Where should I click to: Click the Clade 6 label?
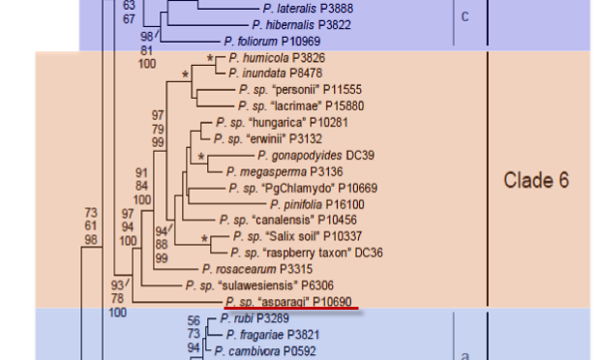(x=536, y=180)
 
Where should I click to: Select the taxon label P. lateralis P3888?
(x=308, y=9)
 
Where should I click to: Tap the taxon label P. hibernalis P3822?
(x=301, y=25)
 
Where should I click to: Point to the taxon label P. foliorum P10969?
(x=272, y=42)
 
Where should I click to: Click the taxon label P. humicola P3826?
(x=277, y=58)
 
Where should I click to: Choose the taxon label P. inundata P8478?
(x=276, y=73)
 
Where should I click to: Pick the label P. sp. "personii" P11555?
(x=300, y=89)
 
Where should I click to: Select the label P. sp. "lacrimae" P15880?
(x=301, y=105)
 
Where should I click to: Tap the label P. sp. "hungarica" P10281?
(x=282, y=123)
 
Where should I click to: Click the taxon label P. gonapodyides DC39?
(x=315, y=156)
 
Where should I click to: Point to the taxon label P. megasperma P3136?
(x=285, y=172)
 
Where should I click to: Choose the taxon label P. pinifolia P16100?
(x=317, y=204)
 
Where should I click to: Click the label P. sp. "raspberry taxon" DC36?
(x=307, y=253)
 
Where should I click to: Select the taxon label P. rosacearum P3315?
(x=257, y=269)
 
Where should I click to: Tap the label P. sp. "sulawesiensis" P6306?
(x=259, y=285)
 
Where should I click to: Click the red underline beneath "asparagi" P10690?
(x=291, y=308)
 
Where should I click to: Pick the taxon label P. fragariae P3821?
(x=273, y=335)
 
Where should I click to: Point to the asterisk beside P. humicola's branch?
(x=210, y=59)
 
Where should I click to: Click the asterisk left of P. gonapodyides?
(x=201, y=157)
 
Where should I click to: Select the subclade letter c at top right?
(x=464, y=16)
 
